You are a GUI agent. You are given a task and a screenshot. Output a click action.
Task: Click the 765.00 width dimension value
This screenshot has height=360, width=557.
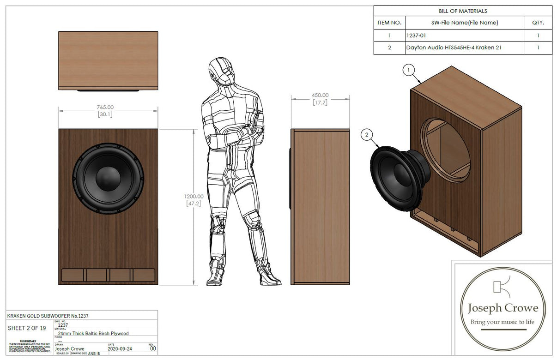(105, 108)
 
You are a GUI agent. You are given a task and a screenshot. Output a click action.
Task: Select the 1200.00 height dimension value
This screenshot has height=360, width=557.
(192, 196)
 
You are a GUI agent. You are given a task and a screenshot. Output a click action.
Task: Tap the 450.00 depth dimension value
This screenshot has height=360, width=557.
(320, 96)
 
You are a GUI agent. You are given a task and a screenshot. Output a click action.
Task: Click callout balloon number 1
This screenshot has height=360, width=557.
(408, 70)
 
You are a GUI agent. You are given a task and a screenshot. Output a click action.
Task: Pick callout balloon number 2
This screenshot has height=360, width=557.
(367, 135)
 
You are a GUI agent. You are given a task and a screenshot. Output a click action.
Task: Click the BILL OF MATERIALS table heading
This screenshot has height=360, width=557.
(463, 11)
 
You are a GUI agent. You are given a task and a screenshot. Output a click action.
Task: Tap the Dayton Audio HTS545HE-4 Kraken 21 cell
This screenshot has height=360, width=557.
(454, 48)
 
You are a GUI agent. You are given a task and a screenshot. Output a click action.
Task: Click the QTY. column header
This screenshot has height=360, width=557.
(538, 23)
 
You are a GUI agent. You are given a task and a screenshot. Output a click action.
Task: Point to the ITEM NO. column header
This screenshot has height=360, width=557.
(390, 23)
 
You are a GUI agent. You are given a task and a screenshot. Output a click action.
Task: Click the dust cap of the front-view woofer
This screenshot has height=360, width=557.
(108, 177)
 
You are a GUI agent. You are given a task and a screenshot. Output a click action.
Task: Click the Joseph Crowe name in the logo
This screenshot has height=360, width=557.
(503, 308)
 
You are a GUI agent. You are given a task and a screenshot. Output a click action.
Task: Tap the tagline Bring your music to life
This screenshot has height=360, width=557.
(502, 322)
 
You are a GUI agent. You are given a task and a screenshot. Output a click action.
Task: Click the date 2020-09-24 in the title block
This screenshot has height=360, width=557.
(120, 349)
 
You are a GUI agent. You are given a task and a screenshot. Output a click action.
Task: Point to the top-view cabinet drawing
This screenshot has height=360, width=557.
(108, 60)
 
